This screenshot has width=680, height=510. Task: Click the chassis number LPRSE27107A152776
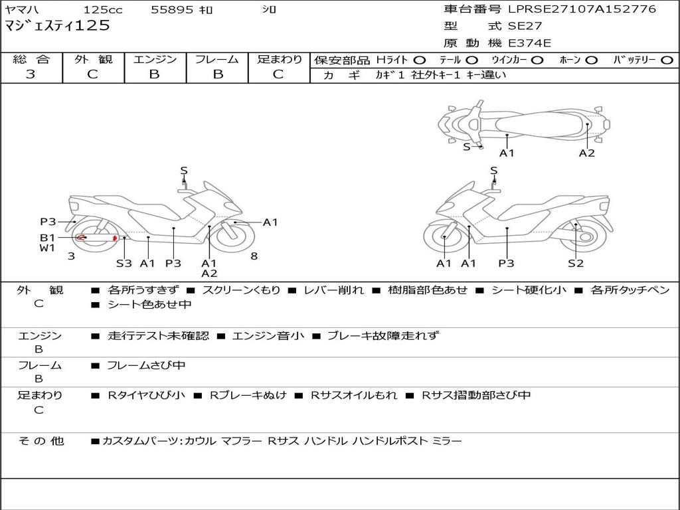(582, 9)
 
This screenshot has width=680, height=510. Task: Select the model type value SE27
(525, 27)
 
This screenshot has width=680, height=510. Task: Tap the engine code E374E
(529, 44)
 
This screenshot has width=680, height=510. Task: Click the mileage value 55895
(171, 10)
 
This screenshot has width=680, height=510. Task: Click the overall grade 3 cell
(31, 74)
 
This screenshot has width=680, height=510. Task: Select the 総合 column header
(31, 59)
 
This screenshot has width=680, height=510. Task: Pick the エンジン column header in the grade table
(155, 59)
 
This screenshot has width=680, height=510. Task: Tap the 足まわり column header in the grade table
(279, 59)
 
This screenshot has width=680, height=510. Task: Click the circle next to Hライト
(420, 60)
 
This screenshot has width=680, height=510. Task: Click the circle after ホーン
(591, 60)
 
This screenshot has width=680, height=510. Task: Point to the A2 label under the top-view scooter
(586, 153)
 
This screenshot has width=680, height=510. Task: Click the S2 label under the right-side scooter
(575, 264)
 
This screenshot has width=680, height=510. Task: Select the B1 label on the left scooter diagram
(46, 237)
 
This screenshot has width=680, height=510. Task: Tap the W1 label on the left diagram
(46, 248)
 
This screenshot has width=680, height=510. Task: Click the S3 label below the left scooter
(124, 264)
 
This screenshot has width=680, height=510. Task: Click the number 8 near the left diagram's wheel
(254, 256)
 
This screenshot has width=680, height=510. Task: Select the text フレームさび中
(146, 366)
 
